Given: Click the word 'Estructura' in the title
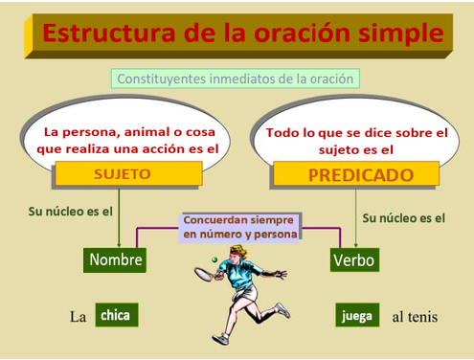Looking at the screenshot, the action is tap(109, 33).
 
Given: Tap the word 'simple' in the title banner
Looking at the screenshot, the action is tap(401, 34).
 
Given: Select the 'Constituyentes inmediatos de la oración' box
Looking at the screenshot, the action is tap(236, 79).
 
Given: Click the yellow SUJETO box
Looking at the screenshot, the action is tap(129, 173).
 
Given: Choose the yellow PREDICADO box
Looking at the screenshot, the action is tap(356, 174).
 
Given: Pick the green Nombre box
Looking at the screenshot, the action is tap(115, 260).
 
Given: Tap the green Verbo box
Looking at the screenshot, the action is tap(354, 259).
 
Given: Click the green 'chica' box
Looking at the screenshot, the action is tap(117, 315).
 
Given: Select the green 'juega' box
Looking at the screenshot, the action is tap(357, 315).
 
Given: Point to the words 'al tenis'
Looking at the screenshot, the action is tap(415, 317).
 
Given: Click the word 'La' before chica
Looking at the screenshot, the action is tap(79, 317).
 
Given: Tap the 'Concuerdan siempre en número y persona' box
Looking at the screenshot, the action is tap(239, 228).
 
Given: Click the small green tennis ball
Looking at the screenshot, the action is tap(214, 259).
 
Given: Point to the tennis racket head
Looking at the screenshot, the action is tap(203, 274).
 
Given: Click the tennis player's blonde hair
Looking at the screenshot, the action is tap(238, 251).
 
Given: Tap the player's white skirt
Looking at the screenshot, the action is tap(246, 293).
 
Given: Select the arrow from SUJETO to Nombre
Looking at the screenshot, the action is tap(119, 218).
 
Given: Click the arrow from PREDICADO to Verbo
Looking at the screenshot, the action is tap(356, 218).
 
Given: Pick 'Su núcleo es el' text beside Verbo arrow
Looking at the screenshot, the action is tap(403, 218).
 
